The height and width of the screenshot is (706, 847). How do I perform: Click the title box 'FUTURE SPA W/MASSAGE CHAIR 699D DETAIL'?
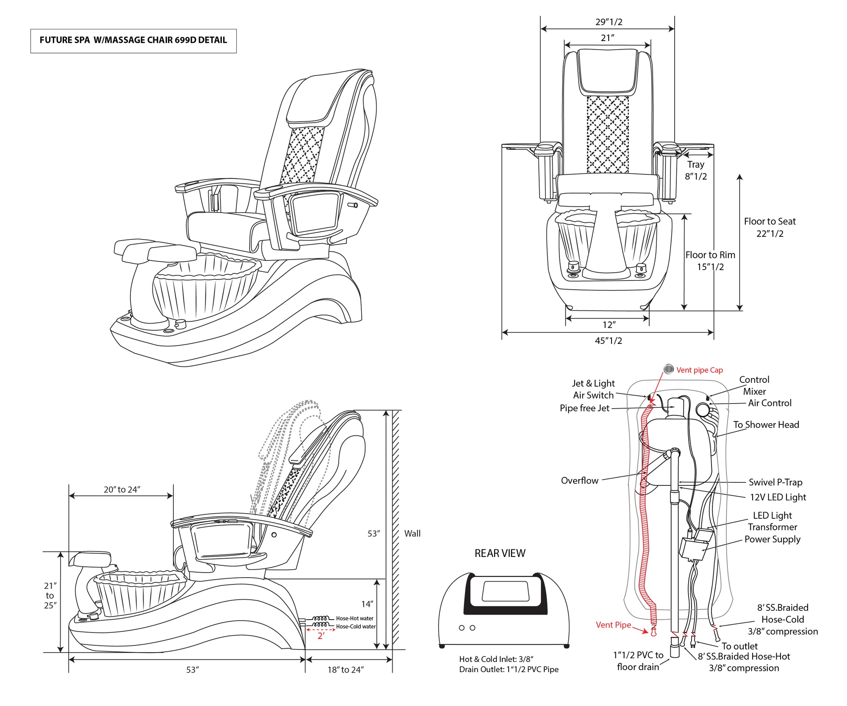coord(133,40)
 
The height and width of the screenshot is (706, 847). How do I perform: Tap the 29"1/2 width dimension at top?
coord(609,22)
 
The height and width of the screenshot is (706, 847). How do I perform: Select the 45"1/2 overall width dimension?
coord(608,341)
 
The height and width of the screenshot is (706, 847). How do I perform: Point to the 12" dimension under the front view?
coord(609,325)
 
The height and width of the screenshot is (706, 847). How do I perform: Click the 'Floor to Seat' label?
coord(769,221)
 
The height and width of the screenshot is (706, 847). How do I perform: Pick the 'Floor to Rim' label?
coord(710,255)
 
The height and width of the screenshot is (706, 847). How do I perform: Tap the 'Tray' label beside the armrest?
coord(695,165)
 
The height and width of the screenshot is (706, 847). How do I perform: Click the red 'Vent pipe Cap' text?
coord(699,370)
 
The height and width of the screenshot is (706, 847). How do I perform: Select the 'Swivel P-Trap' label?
coord(775,482)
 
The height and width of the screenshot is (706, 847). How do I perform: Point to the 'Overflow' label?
coord(579,480)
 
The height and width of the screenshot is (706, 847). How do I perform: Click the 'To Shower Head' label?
coord(766,425)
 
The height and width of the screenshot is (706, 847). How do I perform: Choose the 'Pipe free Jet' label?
coord(584,408)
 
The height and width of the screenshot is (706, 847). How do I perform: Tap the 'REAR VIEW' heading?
coord(500,553)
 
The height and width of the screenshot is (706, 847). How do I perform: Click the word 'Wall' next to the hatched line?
coord(412,534)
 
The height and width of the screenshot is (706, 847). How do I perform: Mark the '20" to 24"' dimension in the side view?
coord(122,490)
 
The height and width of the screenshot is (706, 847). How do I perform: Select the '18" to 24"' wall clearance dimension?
coord(345,670)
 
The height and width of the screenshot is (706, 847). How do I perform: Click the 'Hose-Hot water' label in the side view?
coord(354,618)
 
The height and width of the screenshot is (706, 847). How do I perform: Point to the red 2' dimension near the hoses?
coord(321,636)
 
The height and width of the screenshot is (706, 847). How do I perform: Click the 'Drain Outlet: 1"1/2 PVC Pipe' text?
coord(509,669)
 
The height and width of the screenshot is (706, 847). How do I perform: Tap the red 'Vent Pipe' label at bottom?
coord(613,625)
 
